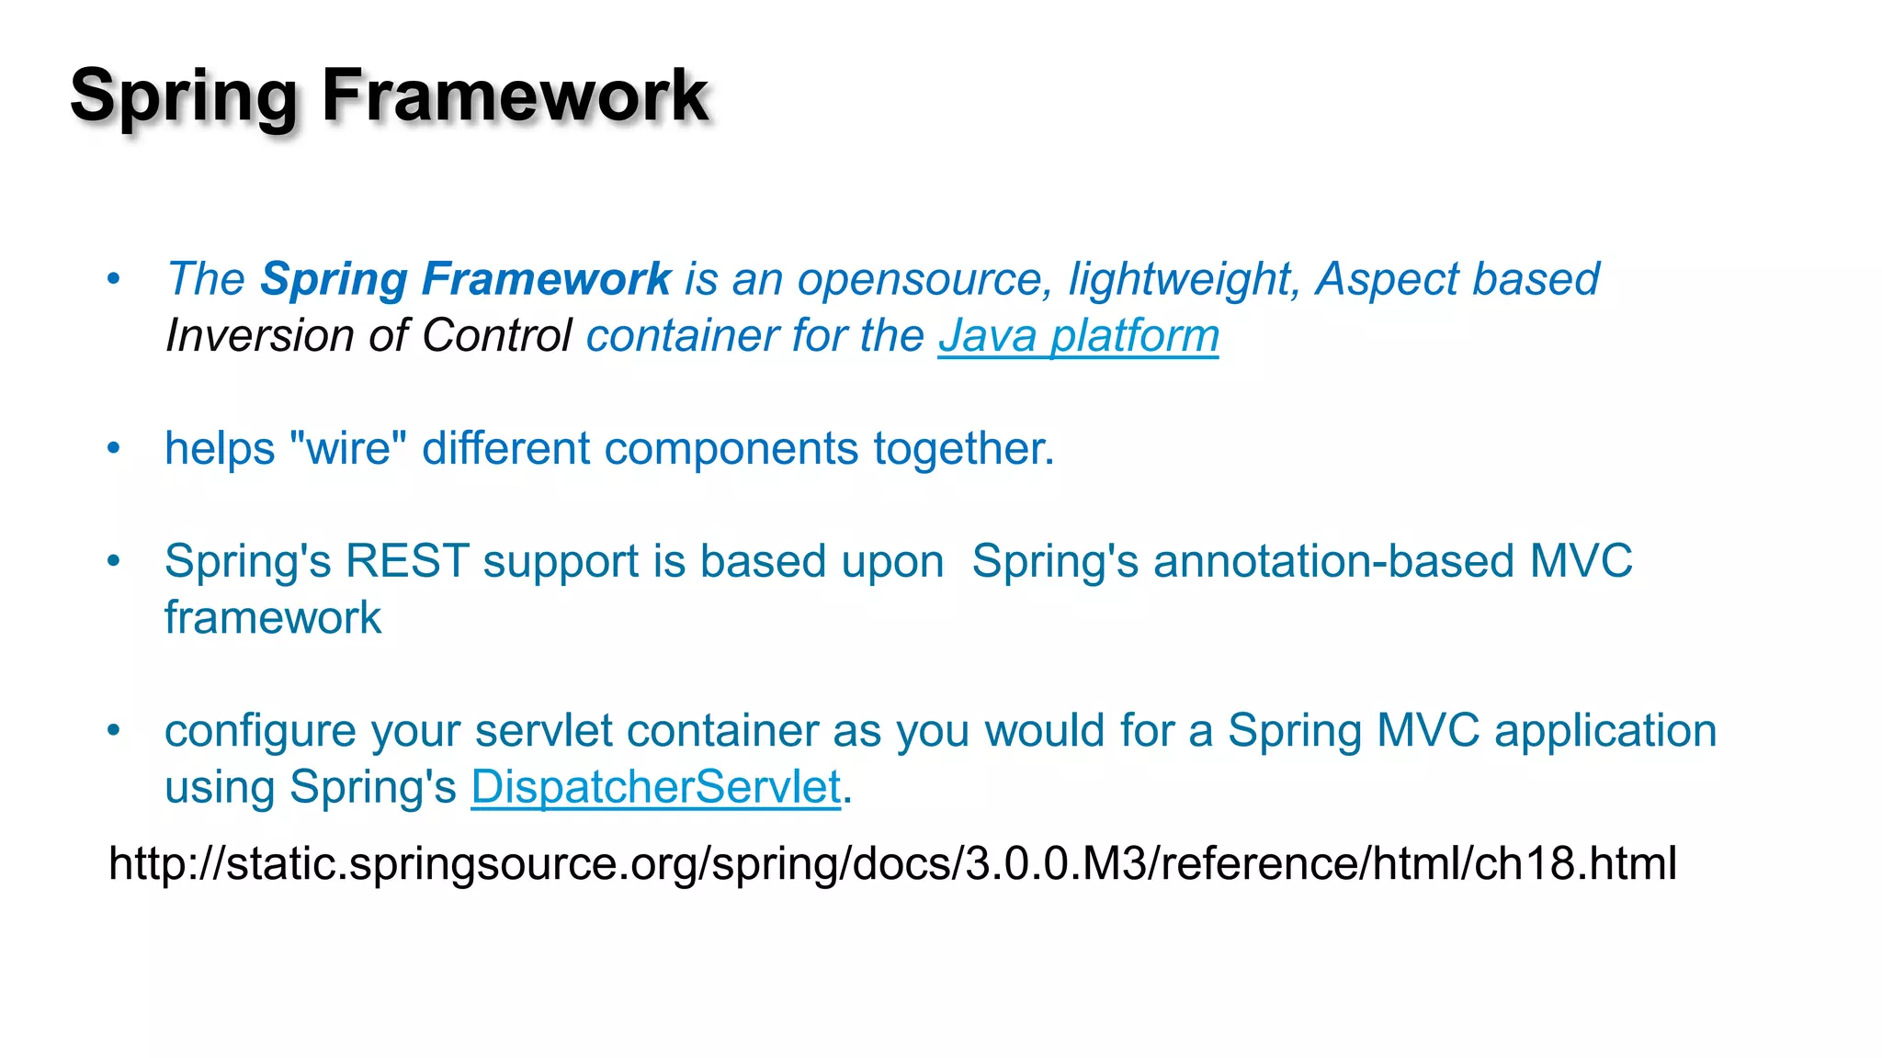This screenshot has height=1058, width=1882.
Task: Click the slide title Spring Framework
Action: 390,96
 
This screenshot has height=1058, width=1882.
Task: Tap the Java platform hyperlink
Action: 1078,335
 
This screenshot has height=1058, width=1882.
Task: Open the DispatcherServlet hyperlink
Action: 655,787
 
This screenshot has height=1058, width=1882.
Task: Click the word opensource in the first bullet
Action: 924,279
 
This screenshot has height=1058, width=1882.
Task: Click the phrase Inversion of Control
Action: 368,335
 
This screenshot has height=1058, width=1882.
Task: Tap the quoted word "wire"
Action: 347,448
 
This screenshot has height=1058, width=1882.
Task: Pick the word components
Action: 731,448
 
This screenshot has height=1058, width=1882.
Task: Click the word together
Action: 962,448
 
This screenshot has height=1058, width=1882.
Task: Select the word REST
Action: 407,561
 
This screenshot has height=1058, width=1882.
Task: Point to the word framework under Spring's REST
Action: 273,617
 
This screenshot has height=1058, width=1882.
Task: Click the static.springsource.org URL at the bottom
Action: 892,863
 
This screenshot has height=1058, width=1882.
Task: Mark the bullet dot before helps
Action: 113,448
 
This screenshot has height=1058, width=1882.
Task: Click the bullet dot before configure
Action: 113,731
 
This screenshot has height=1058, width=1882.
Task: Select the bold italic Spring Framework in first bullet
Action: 466,279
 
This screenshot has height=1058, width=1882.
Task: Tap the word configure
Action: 260,731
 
